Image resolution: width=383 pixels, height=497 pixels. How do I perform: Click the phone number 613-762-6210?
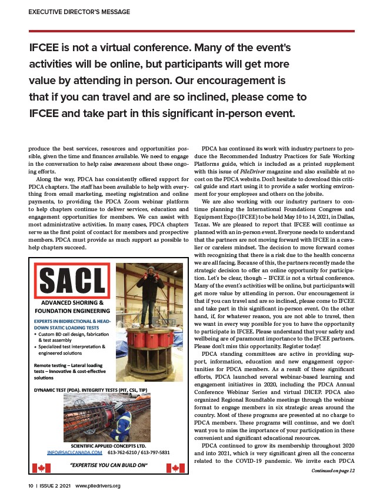click(x=125, y=453)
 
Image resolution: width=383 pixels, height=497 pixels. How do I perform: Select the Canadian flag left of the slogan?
click(x=41, y=468)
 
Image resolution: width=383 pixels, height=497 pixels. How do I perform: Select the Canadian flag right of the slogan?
click(x=175, y=468)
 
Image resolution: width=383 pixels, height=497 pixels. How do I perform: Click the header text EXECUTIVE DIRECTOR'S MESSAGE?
click(x=79, y=12)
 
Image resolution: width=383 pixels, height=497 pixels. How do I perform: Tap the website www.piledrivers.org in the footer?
click(x=98, y=486)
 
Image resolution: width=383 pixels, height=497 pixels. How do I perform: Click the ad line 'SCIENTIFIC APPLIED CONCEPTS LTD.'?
click(x=108, y=446)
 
